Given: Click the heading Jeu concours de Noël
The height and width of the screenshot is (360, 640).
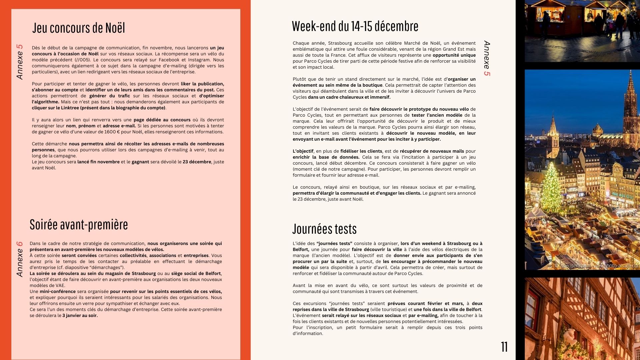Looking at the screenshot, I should pos(79,28).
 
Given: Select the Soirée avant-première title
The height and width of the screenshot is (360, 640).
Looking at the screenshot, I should pos(79,225).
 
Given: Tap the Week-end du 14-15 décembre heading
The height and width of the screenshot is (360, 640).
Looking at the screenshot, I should pos(355,26).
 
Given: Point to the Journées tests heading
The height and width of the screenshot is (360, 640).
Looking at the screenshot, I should pos(324,229).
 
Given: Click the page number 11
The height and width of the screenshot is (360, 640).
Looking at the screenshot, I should pos(504,347).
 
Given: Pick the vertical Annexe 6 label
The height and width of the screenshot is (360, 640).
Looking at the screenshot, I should pos(20,259).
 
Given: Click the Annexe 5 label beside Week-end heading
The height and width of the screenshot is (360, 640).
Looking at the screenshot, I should pos(487,58).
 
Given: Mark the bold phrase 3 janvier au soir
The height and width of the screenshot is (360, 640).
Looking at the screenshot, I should pos(80,316).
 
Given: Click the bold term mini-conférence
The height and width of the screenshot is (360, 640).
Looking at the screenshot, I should pos(58,292).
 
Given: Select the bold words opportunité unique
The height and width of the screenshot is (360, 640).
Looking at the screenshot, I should pos(454,55).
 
